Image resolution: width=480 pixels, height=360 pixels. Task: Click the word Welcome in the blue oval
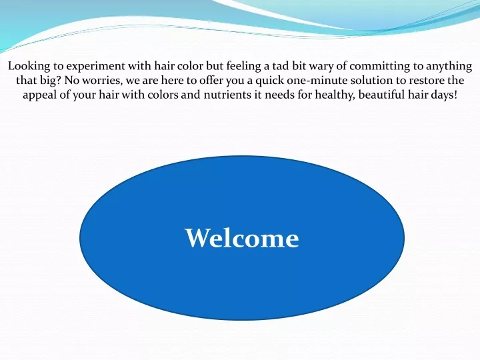[242, 238]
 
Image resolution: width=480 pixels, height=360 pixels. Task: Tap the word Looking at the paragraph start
[29, 66]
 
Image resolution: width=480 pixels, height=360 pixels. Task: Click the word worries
[102, 81]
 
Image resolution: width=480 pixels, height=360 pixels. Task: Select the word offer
[211, 81]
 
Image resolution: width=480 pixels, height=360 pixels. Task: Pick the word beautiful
[381, 95]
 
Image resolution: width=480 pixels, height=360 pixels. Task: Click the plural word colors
[163, 95]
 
